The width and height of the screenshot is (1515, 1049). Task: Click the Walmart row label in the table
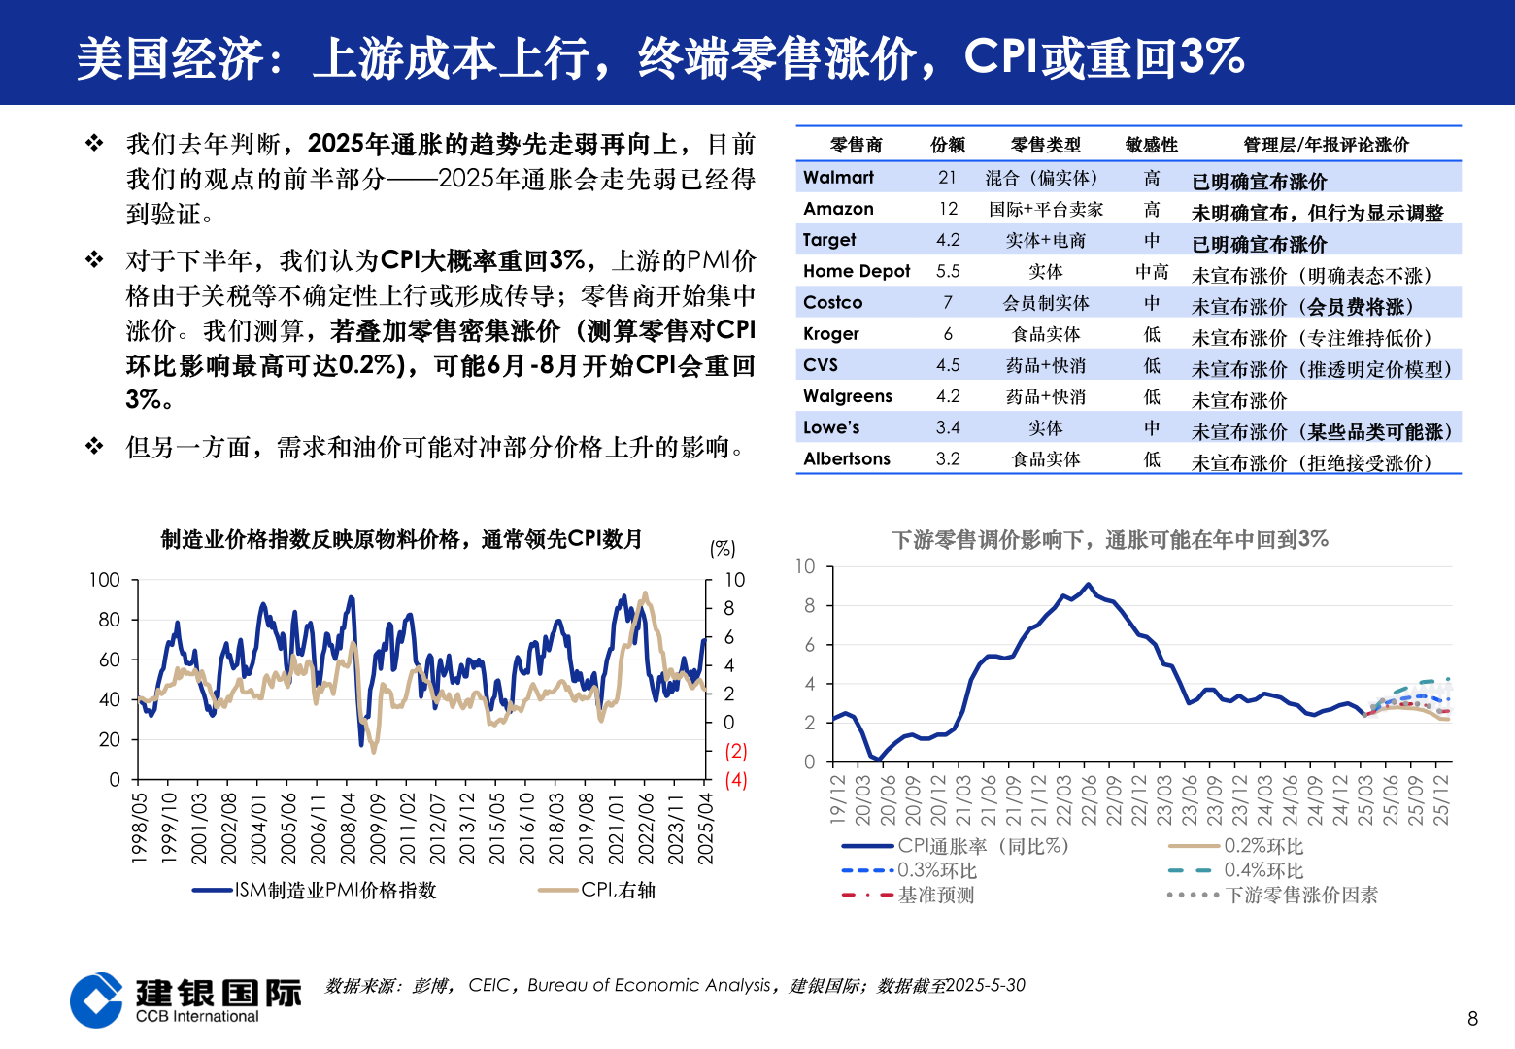tap(838, 178)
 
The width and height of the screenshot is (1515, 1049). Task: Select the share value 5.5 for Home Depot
tap(948, 272)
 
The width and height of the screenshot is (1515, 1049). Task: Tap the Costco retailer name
tap(832, 303)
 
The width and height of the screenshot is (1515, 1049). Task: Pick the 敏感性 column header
tap(1151, 145)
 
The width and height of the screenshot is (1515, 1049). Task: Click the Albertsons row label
tap(846, 459)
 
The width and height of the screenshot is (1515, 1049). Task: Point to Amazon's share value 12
tap(948, 209)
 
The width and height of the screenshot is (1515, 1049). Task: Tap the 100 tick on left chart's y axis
tap(105, 580)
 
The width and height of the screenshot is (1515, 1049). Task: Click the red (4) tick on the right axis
tap(736, 780)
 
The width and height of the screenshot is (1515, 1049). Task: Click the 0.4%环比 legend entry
tap(1262, 870)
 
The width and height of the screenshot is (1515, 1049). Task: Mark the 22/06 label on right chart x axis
tap(1089, 800)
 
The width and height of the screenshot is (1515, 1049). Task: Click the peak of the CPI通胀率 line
tap(1088, 585)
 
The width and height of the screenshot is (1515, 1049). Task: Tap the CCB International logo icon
tap(97, 999)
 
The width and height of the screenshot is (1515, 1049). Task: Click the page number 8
tap(1472, 1018)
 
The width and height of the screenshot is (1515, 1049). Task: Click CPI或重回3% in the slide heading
tap(1104, 57)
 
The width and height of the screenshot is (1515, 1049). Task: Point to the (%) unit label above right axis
tap(723, 549)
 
